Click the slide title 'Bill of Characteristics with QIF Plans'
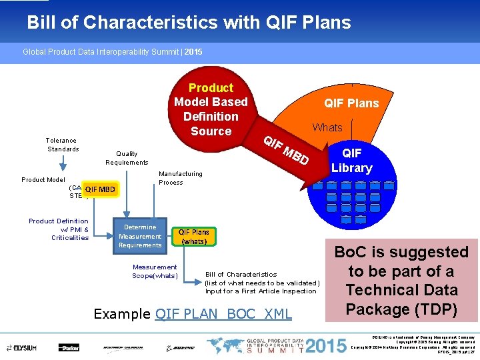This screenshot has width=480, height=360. tap(189, 23)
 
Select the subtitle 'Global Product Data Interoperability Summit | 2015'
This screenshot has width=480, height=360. tap(113, 51)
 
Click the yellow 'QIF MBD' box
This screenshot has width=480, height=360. tap(99, 189)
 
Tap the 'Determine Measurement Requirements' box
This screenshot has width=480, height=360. tap(140, 236)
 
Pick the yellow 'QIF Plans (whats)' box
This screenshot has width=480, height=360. tap(194, 237)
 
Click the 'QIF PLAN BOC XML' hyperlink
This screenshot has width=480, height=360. tap(223, 314)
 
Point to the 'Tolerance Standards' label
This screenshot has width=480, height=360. tap(61, 145)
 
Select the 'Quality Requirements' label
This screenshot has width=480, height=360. tap(127, 158)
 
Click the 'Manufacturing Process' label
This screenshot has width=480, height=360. tap(180, 178)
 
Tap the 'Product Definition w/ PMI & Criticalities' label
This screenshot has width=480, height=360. tap(59, 229)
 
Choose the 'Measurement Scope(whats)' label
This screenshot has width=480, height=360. tap(155, 271)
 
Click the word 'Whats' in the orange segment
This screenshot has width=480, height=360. tap(327, 127)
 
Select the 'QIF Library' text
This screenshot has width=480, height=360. tap(351, 161)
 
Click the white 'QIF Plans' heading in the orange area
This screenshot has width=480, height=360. tap(351, 103)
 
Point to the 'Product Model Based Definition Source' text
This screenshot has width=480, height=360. tap(211, 109)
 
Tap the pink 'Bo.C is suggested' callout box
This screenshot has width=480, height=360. tap(401, 281)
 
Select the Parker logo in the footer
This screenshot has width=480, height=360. tap(69, 347)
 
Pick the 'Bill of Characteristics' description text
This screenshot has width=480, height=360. tap(262, 283)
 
